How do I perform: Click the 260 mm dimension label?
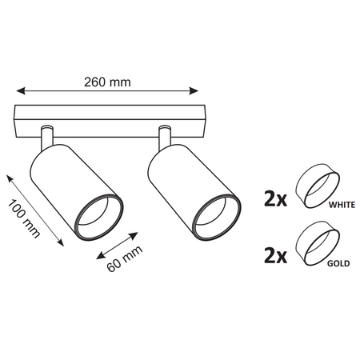pyautogui.click(x=107, y=81)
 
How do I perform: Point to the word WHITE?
pyautogui.click(x=340, y=206)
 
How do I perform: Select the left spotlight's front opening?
pyautogui.click(x=100, y=214)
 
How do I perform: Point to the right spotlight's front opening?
pyautogui.click(x=218, y=214)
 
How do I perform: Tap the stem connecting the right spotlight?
pyautogui.click(x=166, y=136)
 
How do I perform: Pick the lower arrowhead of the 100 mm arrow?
pyautogui.click(x=61, y=243)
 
